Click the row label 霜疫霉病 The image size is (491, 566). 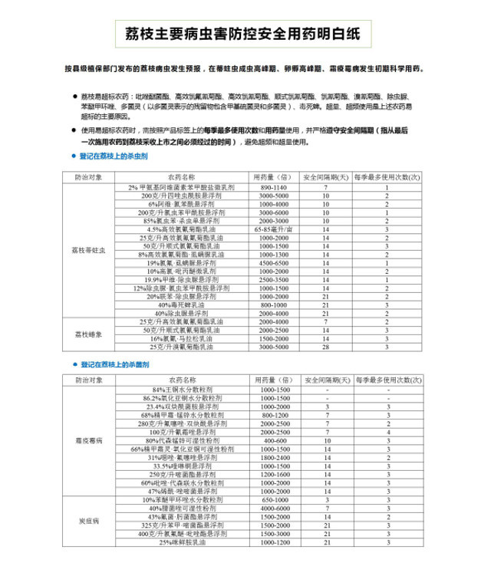93,442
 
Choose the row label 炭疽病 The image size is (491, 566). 93,522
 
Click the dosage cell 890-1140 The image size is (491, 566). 272,187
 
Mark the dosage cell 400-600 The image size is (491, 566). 272,442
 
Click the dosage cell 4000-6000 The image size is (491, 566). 272,508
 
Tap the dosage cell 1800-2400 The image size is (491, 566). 272,458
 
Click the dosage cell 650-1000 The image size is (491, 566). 272,500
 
